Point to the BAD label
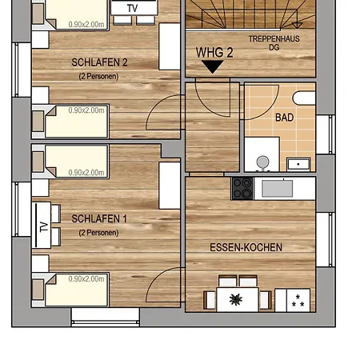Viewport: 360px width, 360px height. click(284, 117)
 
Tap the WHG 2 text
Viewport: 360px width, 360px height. click(214, 53)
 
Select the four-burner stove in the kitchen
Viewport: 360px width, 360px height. click(242, 188)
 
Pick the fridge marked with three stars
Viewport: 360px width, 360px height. click(298, 300)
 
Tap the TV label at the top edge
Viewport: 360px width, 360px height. click(132, 7)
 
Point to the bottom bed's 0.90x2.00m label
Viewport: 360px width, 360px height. click(87, 279)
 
